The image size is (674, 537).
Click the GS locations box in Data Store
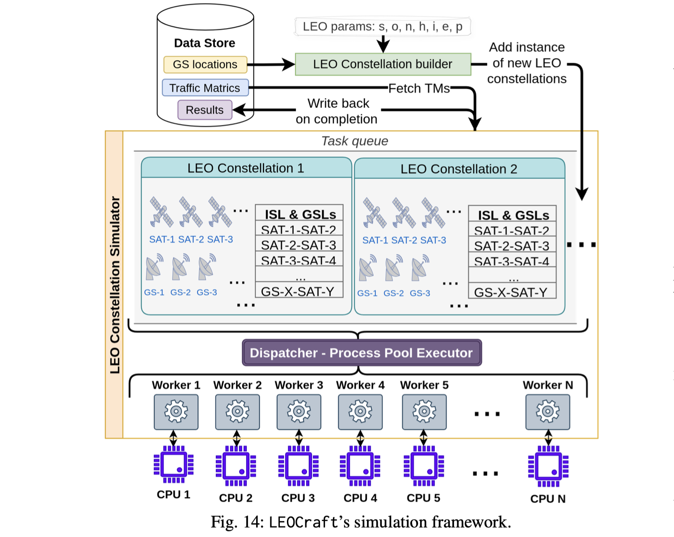pos(205,65)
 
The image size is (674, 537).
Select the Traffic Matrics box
pos(205,88)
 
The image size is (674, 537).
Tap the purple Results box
pos(205,110)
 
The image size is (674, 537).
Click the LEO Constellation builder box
pos(383,64)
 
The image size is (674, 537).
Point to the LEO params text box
pos(383,27)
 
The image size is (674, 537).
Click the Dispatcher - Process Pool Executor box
pos(362,353)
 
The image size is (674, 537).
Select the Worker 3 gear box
pos(299,411)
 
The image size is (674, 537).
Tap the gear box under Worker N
pos(548,411)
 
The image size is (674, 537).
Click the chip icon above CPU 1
pos(174,465)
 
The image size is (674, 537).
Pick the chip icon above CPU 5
pos(424,466)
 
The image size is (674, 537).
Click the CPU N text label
pos(548,499)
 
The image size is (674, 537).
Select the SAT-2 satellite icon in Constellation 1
pos(191,212)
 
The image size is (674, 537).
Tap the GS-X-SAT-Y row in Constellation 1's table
pos(299,291)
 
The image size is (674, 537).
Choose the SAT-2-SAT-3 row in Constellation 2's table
pos(512,246)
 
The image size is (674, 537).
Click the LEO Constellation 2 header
pos(459,169)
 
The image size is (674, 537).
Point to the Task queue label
pos(355,141)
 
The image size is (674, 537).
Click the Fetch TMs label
pos(419,88)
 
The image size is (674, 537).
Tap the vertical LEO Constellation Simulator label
pos(115,285)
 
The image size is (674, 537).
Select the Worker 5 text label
pos(424,385)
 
